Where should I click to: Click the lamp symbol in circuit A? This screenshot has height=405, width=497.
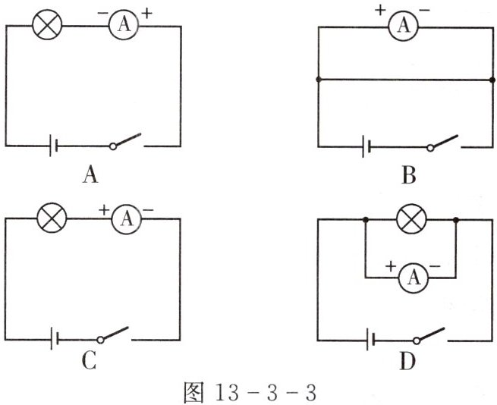(x=48, y=27)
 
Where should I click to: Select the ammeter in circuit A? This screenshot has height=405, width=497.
(x=121, y=27)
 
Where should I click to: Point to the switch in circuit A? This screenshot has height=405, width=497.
(x=126, y=142)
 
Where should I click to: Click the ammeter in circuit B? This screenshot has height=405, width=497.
(x=404, y=27)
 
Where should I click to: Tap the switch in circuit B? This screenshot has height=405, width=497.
(x=442, y=142)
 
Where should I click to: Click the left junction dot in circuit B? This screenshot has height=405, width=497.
(x=319, y=80)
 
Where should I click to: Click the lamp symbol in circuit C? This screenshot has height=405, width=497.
(x=52, y=220)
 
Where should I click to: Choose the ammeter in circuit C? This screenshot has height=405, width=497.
(x=125, y=220)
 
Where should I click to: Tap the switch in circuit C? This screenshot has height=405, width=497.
(x=114, y=334)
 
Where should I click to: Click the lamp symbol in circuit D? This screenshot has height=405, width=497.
(x=412, y=221)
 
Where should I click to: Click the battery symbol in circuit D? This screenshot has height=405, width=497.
(x=368, y=338)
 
